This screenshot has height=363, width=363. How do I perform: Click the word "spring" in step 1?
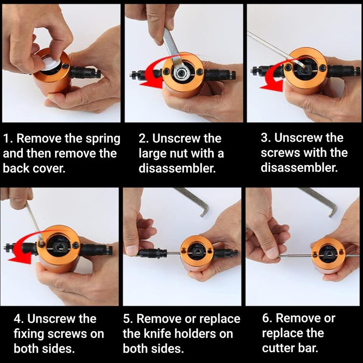(x=103, y=139)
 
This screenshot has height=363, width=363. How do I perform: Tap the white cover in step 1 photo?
(x=51, y=62)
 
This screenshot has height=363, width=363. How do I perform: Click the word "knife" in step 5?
(x=157, y=334)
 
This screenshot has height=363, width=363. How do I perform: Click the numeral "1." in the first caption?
(x=8, y=139)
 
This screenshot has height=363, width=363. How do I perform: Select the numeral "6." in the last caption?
(x=267, y=318)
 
